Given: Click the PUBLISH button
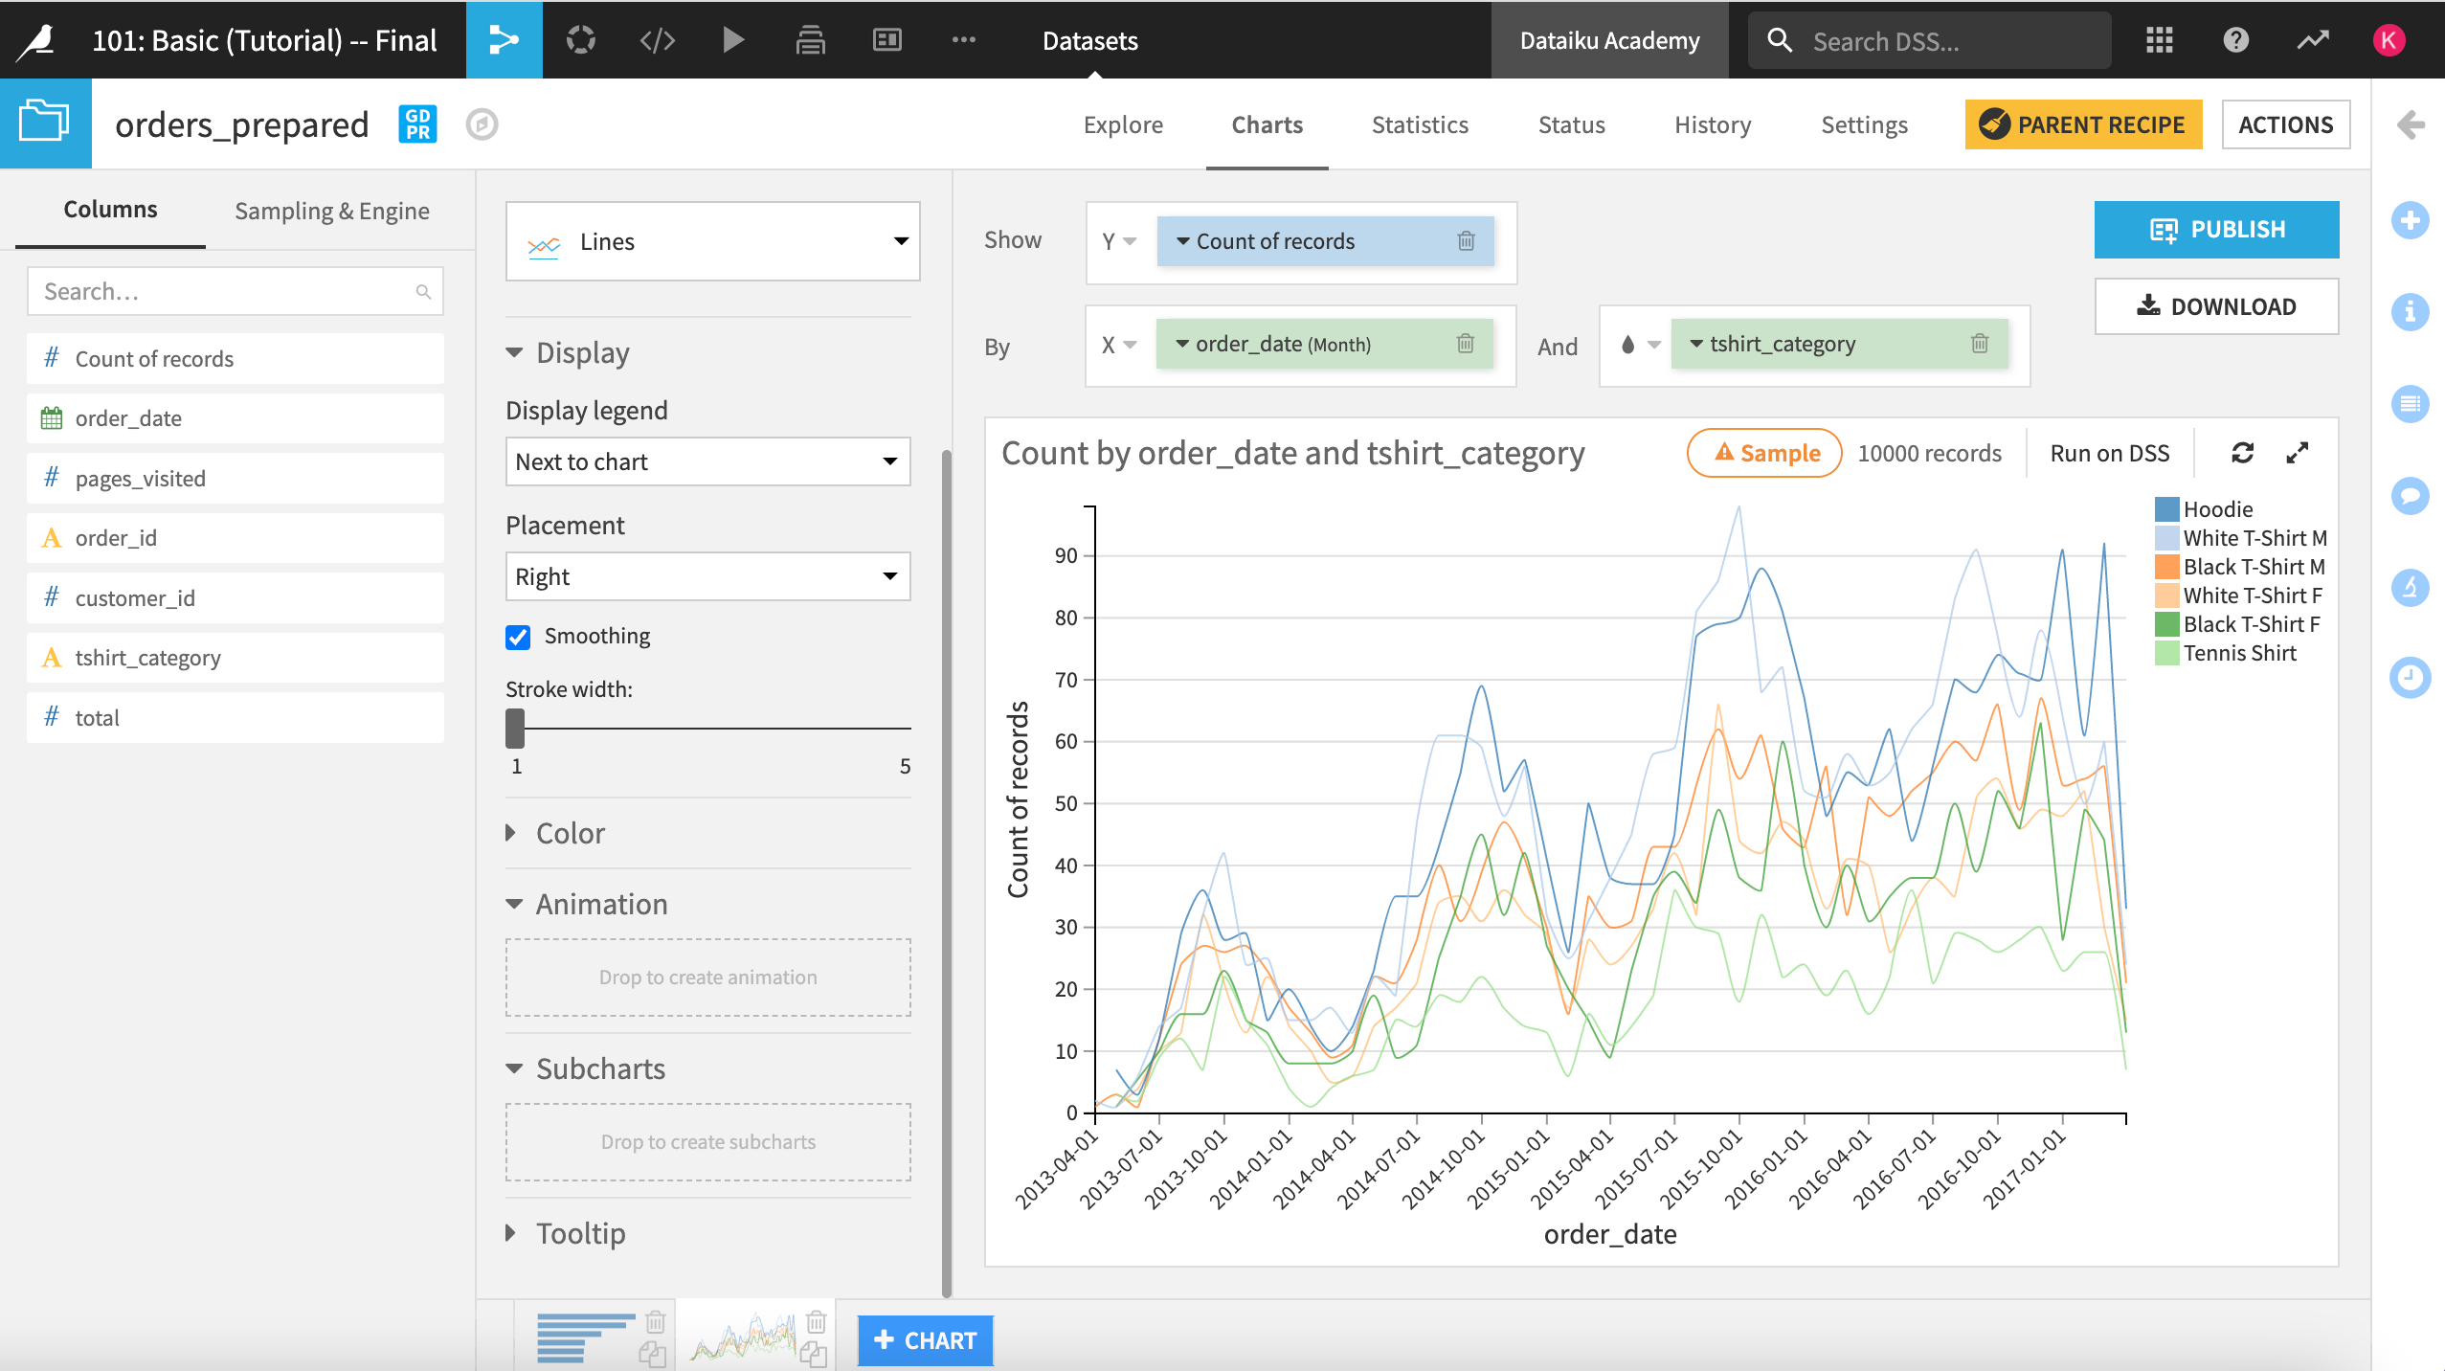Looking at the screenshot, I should (x=2215, y=230).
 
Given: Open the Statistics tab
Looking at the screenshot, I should (x=1419, y=125).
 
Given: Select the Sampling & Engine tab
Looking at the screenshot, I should (x=331, y=212).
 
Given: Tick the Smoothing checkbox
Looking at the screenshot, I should (x=518, y=637).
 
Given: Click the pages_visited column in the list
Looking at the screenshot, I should (x=140, y=479).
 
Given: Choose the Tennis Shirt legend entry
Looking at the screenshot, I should (x=2238, y=654).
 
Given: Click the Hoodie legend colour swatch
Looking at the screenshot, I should (x=2166, y=509).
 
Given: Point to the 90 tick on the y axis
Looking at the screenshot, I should (x=1066, y=556).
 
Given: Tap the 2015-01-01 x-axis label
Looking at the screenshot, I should (x=1508, y=1169).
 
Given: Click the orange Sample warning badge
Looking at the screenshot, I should (x=1763, y=454).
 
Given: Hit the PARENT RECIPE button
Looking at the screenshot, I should (x=2082, y=125).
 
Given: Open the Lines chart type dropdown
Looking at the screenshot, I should (x=712, y=242).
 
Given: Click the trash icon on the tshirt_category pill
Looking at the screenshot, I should (x=1980, y=344).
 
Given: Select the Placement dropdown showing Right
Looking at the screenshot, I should (x=707, y=577).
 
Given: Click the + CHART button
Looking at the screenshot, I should (x=925, y=1340).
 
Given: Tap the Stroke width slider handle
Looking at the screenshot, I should (x=515, y=729).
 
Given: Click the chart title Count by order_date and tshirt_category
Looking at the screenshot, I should (x=1292, y=454).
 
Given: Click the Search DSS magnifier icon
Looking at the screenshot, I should (x=1779, y=40).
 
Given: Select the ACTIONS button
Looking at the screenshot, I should (x=2284, y=125).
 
